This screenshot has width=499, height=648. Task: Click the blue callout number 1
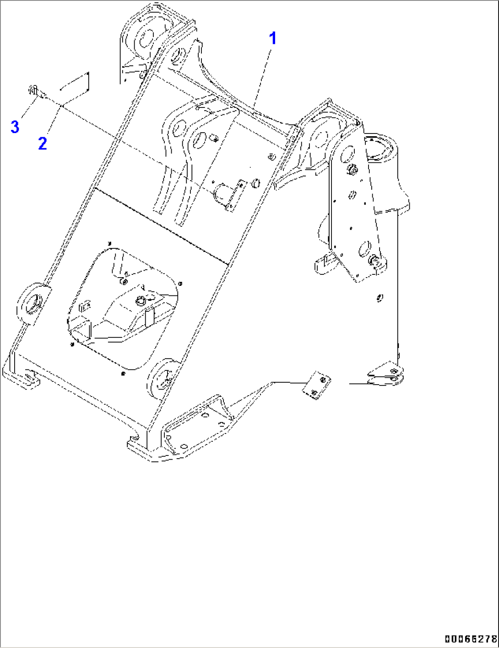click(273, 38)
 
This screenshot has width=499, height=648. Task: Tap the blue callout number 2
click(43, 143)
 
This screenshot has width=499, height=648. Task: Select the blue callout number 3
click(15, 126)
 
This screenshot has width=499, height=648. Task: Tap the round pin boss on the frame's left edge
click(34, 303)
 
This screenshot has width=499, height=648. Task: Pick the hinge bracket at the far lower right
click(387, 374)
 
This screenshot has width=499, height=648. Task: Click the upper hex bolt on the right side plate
click(352, 170)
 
